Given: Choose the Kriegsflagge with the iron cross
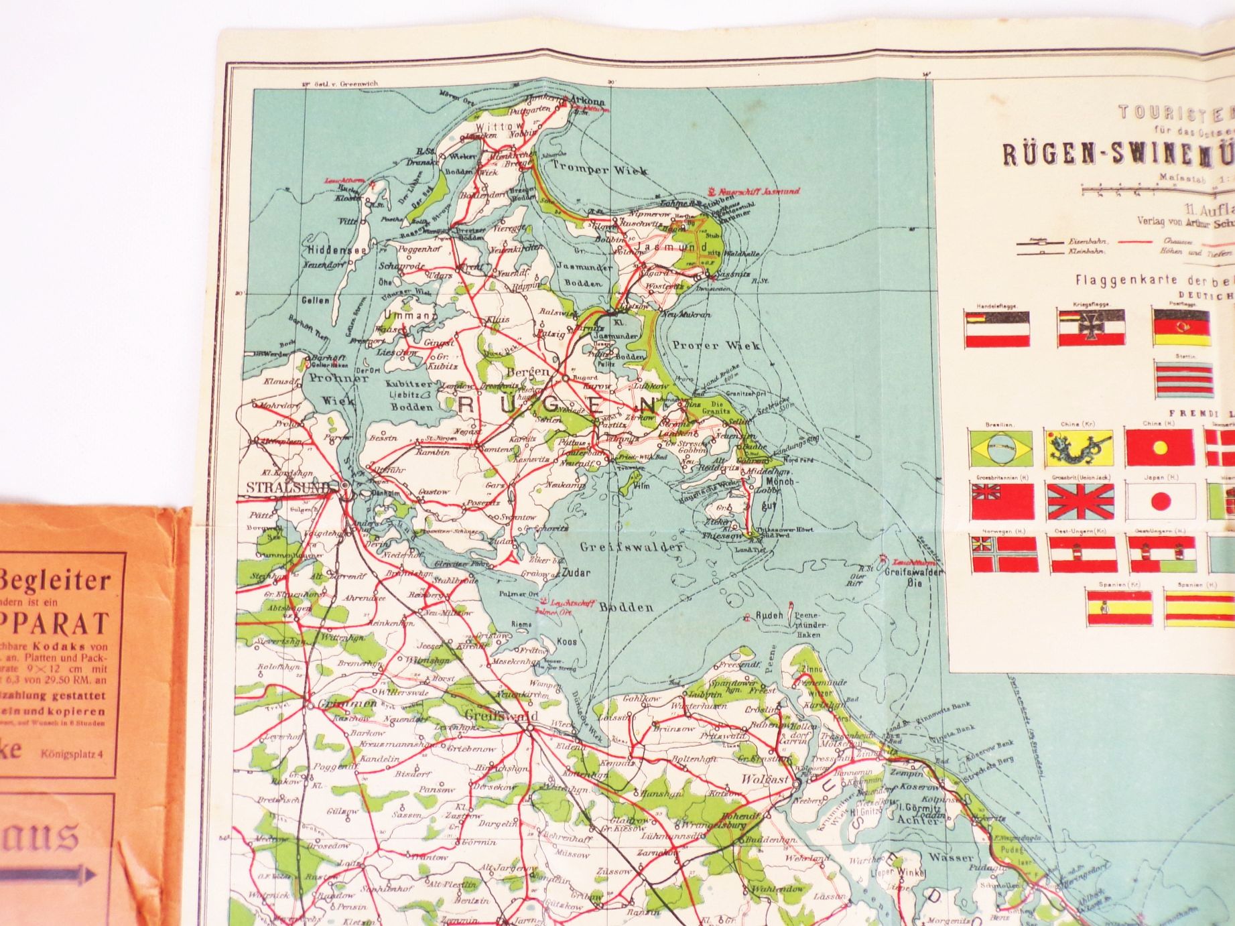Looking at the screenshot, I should coord(1091,328).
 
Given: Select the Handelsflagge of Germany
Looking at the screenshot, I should coord(997,328).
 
